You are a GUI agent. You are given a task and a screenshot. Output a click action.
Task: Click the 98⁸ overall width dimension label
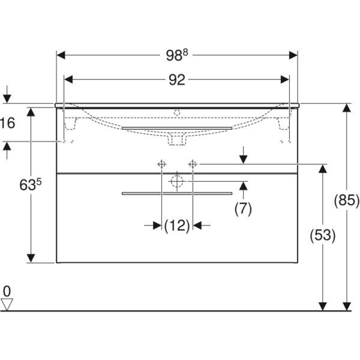pos(177,55)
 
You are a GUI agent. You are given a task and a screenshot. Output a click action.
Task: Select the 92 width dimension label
pos(177,80)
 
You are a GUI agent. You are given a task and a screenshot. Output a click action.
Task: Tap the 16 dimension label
pos(8,123)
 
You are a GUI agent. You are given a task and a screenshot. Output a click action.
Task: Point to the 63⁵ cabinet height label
pos(31,184)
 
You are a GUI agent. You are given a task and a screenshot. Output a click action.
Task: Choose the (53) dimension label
pos(323,235)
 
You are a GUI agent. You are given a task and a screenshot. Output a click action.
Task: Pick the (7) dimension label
pos(243,208)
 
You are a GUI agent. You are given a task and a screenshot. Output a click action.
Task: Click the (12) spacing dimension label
pos(177,225)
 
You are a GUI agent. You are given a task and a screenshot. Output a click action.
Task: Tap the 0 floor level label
pos(7,291)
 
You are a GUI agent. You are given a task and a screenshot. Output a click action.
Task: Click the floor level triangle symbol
pos(7,305)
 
